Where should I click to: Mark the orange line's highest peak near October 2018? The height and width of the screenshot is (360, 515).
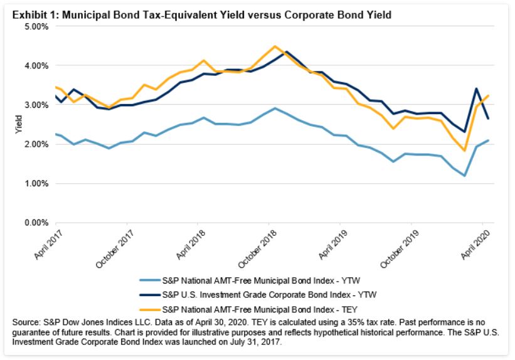click(x=275, y=46)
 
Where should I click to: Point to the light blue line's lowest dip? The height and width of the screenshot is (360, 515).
click(x=465, y=176)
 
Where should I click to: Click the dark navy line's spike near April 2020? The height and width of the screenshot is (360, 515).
click(x=477, y=88)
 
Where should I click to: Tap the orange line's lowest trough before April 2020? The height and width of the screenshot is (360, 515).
click(x=465, y=151)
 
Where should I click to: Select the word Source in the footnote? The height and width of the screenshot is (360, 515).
click(x=26, y=322)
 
